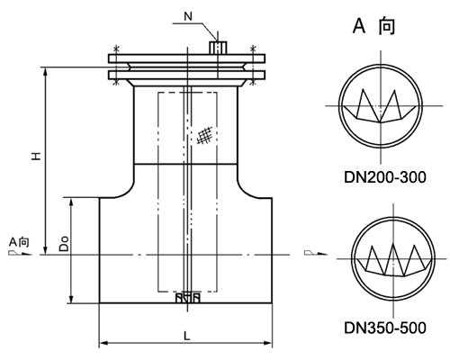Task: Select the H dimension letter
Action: click(34, 156)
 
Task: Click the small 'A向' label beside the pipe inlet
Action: click(19, 243)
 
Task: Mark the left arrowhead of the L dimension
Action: click(102, 343)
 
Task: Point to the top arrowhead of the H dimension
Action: click(44, 69)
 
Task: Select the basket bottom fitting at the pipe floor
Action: click(185, 296)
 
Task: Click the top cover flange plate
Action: click(186, 58)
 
